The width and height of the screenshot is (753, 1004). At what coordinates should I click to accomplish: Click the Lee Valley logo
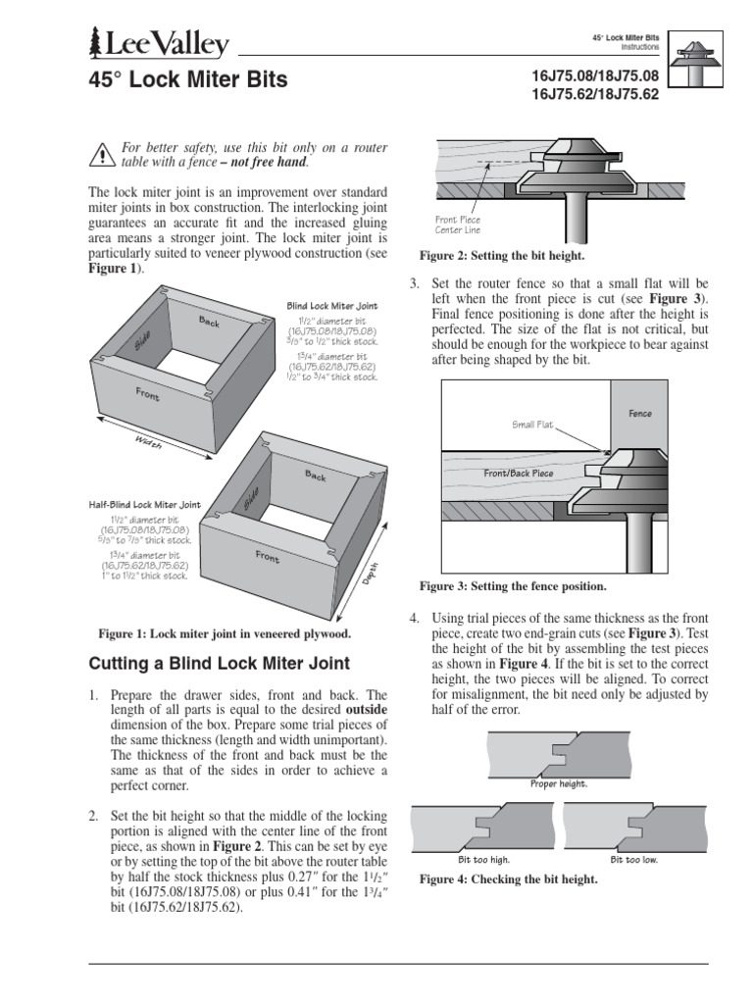click(159, 45)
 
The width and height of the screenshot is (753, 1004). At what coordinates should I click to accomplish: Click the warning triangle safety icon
click(102, 154)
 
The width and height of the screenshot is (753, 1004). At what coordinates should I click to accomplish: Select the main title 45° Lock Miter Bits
click(188, 80)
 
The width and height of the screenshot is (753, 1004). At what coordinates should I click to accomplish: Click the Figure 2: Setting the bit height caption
click(502, 256)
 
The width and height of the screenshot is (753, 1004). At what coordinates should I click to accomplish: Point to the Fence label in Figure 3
click(639, 415)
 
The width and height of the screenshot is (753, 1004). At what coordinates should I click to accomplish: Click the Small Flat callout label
click(532, 425)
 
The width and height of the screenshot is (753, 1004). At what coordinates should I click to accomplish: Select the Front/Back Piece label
click(520, 473)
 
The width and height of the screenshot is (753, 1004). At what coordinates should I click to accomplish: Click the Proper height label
click(557, 784)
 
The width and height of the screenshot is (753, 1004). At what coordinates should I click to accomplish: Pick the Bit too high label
click(485, 859)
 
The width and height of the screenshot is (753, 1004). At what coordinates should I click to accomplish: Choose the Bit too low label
click(634, 859)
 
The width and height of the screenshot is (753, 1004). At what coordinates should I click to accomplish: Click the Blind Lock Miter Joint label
click(331, 306)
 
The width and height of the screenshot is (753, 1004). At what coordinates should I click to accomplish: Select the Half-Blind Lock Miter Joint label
click(144, 505)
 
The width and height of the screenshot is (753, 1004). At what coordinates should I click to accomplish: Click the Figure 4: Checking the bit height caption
click(508, 880)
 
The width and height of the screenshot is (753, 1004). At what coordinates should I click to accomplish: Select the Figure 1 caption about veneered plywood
click(224, 633)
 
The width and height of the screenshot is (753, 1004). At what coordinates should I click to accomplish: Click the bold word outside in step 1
click(366, 708)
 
